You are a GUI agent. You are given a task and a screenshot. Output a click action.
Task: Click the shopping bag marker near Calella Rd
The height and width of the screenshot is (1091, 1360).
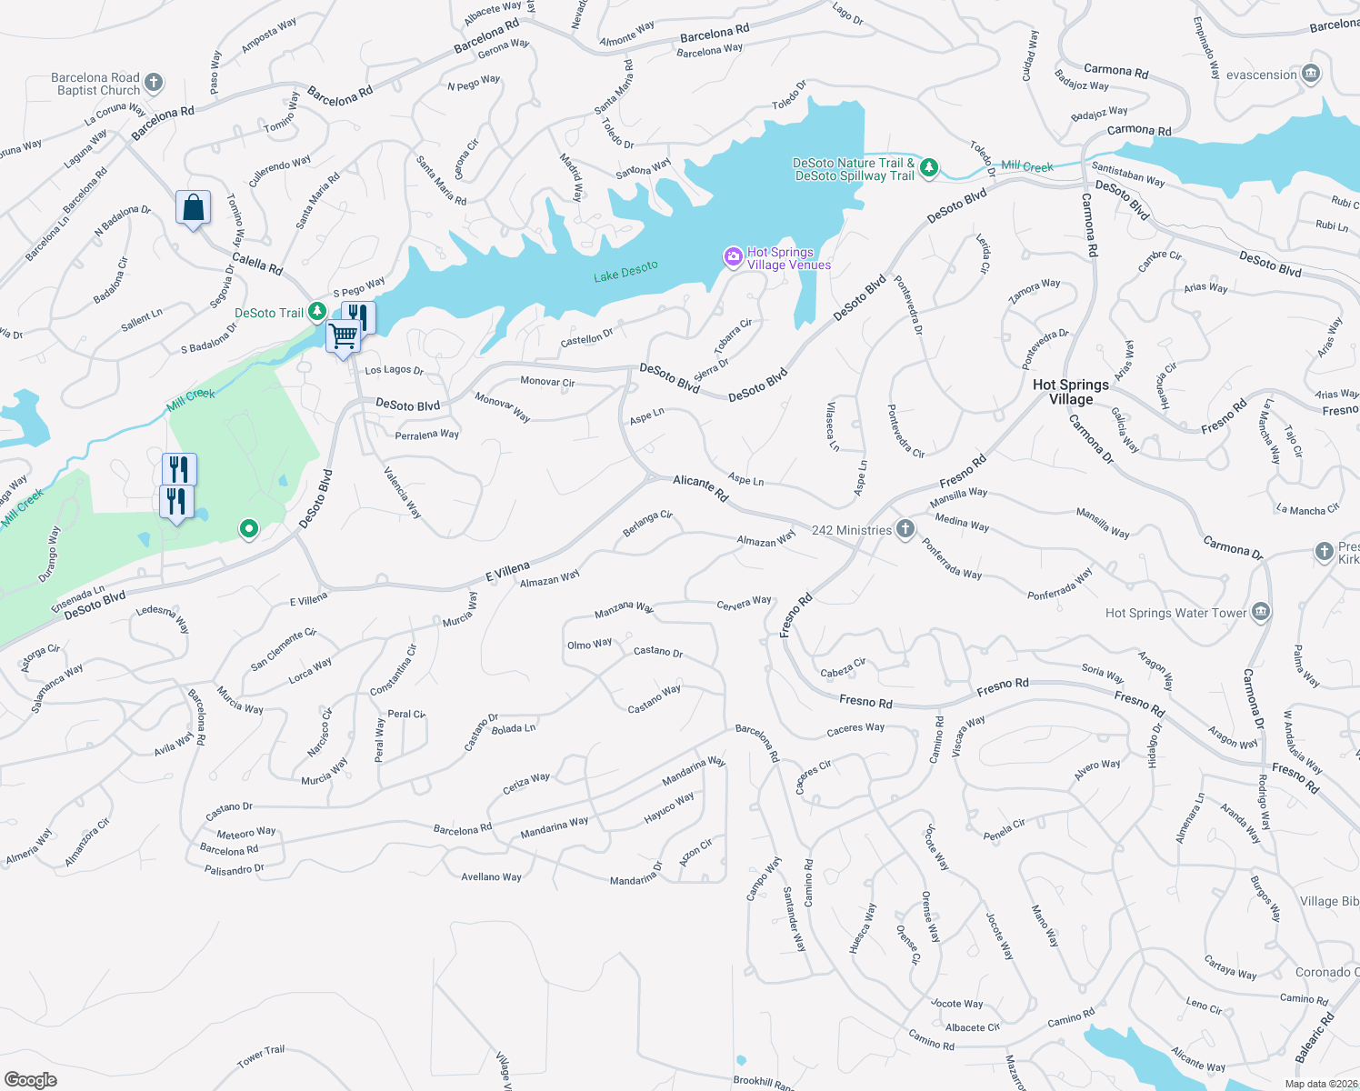[x=194, y=208]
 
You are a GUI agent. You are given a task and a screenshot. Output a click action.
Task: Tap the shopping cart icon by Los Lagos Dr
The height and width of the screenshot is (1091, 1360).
[x=344, y=336]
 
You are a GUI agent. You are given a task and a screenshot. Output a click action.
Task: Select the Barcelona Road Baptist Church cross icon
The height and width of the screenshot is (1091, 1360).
[x=154, y=83]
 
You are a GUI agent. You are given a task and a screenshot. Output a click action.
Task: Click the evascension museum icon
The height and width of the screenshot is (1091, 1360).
[x=1310, y=74]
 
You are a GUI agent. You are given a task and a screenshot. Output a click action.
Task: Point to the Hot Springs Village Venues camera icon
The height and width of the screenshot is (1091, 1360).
[x=733, y=257]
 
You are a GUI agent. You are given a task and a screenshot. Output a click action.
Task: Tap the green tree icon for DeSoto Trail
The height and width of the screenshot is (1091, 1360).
[x=317, y=312]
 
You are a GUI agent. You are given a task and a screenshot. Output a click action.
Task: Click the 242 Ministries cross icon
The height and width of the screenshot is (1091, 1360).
[x=905, y=529]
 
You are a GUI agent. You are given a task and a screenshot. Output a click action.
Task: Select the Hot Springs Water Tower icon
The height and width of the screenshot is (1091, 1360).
[x=1260, y=612]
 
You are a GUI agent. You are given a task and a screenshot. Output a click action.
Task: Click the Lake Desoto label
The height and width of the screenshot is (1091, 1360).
[x=625, y=271]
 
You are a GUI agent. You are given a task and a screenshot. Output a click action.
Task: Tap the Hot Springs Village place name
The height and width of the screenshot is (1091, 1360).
[x=1071, y=392]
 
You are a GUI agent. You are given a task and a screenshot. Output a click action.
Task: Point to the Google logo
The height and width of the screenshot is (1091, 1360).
[x=30, y=1079]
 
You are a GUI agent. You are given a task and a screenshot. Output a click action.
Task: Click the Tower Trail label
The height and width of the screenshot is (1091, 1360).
[x=261, y=1056]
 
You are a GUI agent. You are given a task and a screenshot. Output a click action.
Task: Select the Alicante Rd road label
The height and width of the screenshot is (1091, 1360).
[x=701, y=487]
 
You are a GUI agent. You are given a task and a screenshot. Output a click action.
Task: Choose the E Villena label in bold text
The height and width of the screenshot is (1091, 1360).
[x=507, y=571]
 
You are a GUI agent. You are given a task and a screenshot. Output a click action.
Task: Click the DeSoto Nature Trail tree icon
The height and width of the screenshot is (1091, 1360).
[x=928, y=167]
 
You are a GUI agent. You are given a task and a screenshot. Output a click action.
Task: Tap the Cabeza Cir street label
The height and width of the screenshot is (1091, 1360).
[x=843, y=668]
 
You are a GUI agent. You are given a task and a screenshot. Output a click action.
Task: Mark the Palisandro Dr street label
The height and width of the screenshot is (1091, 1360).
[x=235, y=869]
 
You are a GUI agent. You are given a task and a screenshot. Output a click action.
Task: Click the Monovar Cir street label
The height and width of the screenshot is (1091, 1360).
[x=547, y=382]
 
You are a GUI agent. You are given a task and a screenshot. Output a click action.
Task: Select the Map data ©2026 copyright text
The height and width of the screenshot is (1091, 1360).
[x=1321, y=1083]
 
